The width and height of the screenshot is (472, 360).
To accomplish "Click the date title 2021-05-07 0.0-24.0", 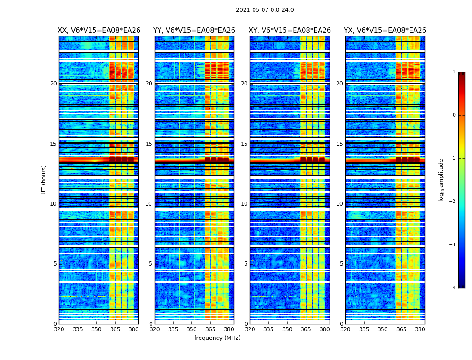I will coord(265,10).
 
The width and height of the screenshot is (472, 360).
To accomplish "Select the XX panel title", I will coord(99,31).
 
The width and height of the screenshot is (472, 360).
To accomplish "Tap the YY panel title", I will coord(194,31).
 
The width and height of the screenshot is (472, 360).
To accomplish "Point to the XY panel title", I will coord(290,31).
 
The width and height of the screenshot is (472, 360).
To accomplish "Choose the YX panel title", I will coord(385,31).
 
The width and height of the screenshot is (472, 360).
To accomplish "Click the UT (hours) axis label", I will coord(44,180).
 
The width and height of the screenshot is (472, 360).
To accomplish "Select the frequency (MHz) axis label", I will coord(217,338).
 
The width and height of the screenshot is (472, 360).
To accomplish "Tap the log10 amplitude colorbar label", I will coord(441,180).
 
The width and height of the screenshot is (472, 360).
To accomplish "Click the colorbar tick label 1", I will coord(454,72).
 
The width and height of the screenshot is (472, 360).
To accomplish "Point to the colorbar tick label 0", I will coord(454,115).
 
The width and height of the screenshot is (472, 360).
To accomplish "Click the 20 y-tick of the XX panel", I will coord(53,84).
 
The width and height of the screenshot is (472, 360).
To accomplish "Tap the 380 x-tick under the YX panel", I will coord(420,329).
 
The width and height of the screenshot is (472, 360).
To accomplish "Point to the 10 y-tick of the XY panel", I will coord(244,204).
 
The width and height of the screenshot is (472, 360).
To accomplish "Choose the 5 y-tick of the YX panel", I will coord(341,264).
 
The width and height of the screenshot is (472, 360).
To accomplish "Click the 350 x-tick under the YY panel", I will coord(192,329).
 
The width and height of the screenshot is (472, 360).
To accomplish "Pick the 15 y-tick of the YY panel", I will coord(149,144).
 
